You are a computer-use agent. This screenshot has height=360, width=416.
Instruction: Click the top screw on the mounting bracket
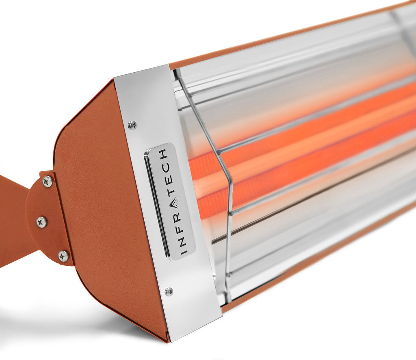(48, 181)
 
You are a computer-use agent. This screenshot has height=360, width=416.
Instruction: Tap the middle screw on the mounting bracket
(41, 222)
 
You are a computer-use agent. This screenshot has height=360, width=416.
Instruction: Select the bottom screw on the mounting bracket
(63, 256)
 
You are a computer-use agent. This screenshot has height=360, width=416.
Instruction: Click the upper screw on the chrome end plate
(132, 125)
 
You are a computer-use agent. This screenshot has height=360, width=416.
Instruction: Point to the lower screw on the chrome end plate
(169, 291)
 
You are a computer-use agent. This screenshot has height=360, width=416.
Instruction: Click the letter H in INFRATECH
(163, 154)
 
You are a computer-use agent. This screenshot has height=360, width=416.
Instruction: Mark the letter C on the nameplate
(165, 165)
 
